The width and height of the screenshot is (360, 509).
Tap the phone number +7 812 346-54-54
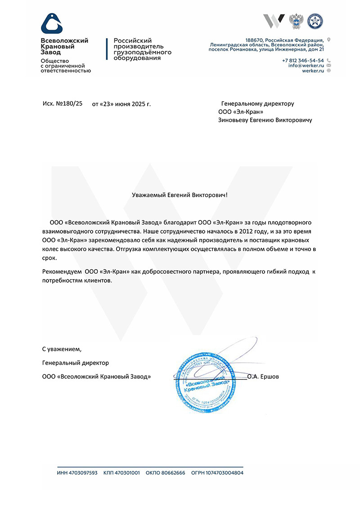pos(303,60)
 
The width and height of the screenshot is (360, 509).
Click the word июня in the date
pos(122,104)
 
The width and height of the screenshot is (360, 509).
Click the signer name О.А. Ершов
pos(263,376)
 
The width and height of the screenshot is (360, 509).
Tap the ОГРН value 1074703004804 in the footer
pos(224,473)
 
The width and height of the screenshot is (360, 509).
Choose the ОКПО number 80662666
pos(171,473)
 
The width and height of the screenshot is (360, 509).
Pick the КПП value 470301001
pos(128,473)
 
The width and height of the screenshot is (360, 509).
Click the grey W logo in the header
pos(274,21)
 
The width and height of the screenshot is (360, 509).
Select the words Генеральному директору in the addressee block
pos(258,104)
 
